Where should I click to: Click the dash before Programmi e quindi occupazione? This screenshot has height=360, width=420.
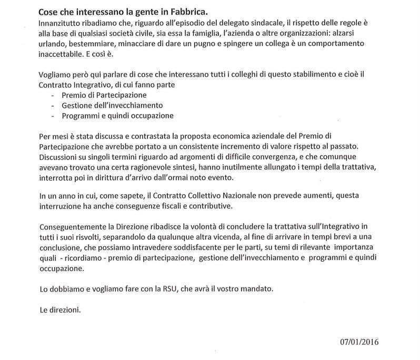pos(52,116)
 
